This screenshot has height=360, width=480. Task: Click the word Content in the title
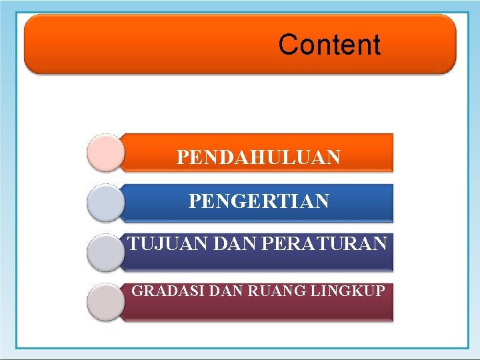coord(329,45)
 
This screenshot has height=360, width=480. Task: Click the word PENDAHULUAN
coord(259,157)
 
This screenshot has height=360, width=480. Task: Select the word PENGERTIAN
coord(259,201)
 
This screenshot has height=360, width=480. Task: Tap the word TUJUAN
coord(157,244)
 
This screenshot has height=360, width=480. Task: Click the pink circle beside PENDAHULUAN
coord(106,153)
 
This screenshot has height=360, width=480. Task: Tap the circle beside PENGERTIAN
coord(106,203)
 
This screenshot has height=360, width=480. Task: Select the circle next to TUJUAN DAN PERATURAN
coord(106,252)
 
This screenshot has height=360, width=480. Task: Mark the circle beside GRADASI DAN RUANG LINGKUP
coord(106,302)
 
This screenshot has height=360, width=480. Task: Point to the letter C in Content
coord(288,45)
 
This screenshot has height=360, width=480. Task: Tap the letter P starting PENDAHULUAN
coord(182,157)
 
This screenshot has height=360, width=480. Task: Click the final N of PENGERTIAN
coord(322,201)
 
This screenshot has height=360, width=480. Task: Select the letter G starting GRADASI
coord(137,291)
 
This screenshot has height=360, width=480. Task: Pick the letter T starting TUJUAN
coord(132,244)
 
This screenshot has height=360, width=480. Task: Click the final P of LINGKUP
coord(380,291)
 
